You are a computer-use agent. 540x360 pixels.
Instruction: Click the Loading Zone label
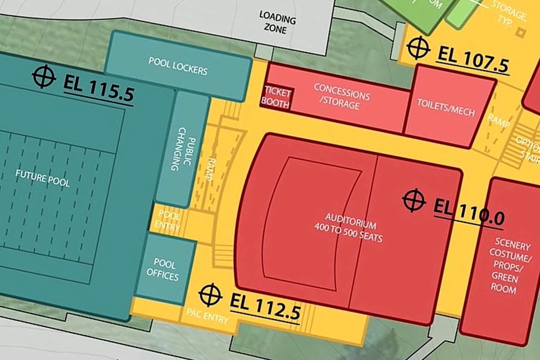[277, 23]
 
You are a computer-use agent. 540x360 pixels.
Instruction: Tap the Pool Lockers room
[178, 66]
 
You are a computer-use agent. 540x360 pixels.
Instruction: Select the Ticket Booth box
[276, 97]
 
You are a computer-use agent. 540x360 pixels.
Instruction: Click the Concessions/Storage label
[341, 96]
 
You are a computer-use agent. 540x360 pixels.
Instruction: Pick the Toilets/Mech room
[446, 108]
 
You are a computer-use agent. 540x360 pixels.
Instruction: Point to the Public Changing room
[183, 149]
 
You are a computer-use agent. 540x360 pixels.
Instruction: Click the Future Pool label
[42, 179]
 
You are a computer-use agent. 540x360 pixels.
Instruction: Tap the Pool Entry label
[168, 221]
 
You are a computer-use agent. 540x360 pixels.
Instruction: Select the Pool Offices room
[163, 269]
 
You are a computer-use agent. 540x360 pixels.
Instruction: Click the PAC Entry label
[207, 316]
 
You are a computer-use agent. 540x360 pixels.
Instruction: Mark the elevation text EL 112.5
[265, 307]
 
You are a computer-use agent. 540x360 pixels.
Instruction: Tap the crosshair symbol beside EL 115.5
[44, 76]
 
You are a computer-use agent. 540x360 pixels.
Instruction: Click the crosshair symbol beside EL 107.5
[418, 48]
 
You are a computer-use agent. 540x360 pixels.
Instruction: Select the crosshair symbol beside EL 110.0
[414, 200]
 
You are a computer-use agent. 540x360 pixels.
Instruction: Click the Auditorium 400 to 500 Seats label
[349, 227]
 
